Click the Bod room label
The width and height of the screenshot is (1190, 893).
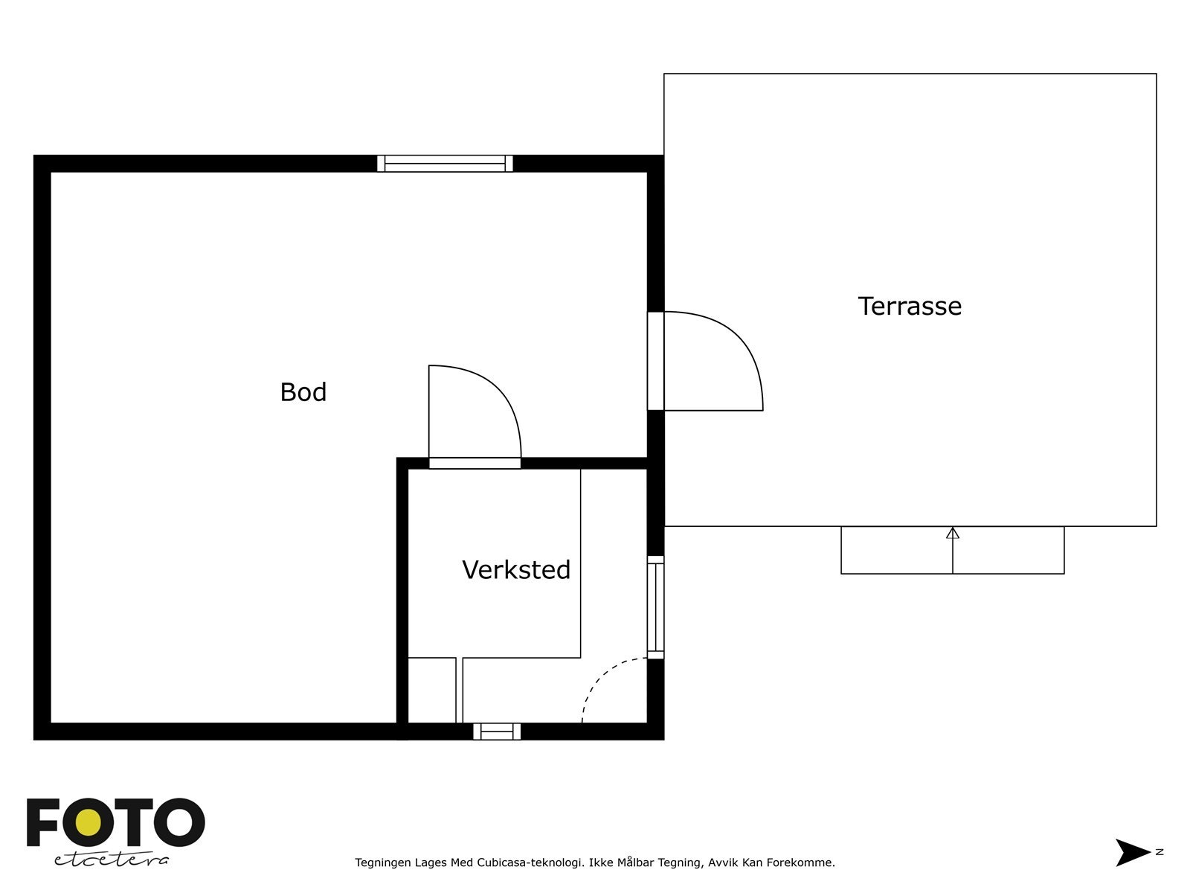point(303,392)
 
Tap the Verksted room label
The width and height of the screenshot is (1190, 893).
point(516,570)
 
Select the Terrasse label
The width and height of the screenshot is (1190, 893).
point(910,307)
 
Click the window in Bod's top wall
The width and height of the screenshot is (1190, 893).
point(445,164)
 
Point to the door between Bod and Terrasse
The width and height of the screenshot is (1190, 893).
point(656,361)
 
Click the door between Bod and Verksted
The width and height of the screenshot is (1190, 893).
point(475,463)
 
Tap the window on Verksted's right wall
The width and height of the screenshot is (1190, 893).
point(655,607)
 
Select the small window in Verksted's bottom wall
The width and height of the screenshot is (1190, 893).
point(497,732)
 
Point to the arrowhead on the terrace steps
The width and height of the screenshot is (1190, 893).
point(953,533)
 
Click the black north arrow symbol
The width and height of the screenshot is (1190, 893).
point(1132,852)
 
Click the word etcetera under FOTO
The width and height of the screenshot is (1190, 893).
point(112,860)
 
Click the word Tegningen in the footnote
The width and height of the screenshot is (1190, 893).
point(384,863)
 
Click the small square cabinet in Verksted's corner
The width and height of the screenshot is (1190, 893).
point(431,690)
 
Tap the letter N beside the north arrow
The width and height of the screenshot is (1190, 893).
point(1160,852)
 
